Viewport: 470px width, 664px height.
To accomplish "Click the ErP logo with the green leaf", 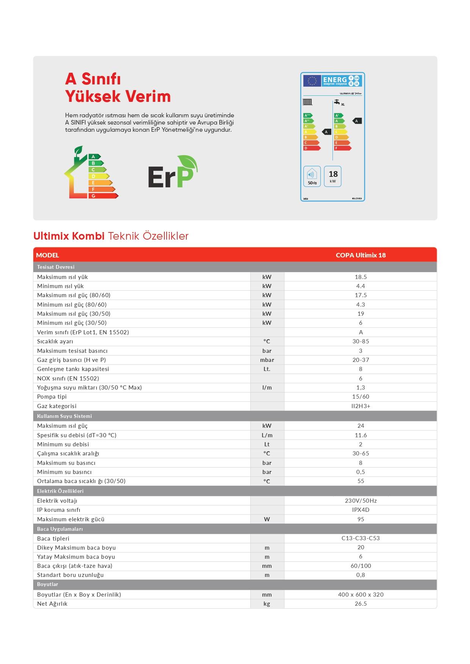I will click(173, 172).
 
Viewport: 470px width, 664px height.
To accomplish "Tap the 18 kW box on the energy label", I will click(333, 176).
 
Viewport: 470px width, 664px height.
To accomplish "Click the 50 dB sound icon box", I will click(312, 176).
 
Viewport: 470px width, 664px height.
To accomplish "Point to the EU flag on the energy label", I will click(312, 81).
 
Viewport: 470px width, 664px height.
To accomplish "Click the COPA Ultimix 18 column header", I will click(361, 255).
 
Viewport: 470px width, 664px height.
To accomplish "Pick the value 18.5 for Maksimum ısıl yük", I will click(361, 277).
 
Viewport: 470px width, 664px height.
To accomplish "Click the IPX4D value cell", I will click(361, 510).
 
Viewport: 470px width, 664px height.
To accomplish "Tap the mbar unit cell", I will click(267, 360).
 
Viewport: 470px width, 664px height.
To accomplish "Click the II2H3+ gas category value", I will click(361, 406).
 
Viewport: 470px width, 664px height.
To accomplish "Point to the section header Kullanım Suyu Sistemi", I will click(64, 416).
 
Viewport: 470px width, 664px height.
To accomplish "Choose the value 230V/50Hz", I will click(361, 500).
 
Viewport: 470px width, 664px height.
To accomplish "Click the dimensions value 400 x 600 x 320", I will click(361, 594).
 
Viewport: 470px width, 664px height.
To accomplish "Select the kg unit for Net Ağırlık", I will click(267, 603).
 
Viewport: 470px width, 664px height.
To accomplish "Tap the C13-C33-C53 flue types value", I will click(361, 538).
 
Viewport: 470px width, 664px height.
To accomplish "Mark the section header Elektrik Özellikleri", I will click(60, 491).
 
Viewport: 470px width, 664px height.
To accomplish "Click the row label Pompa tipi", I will click(52, 396).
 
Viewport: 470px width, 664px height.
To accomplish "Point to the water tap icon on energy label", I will click(336, 102).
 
